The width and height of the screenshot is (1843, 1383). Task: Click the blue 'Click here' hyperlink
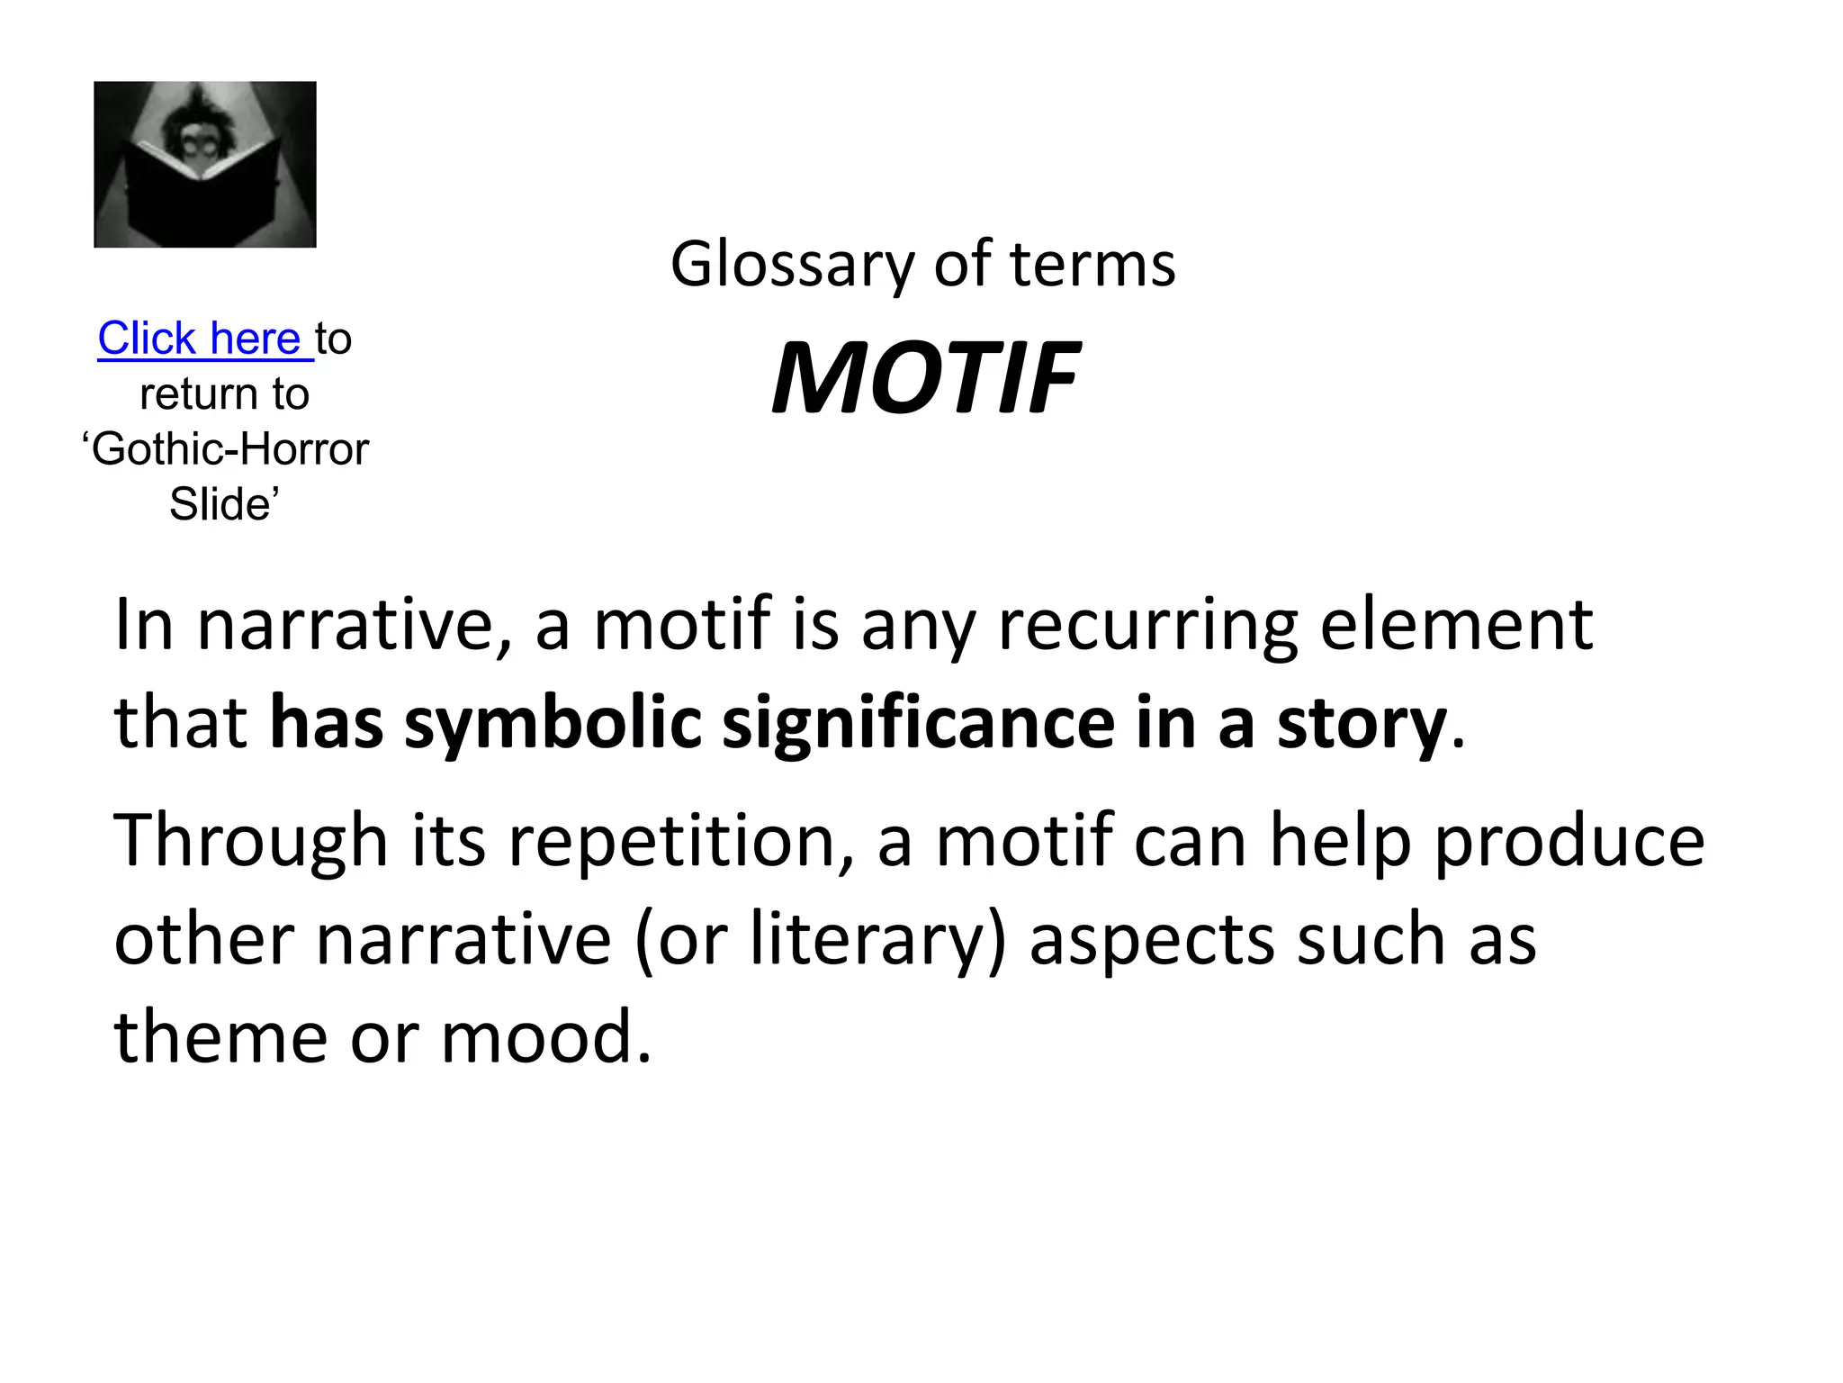199,339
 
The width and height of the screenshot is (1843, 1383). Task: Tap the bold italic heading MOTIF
924,378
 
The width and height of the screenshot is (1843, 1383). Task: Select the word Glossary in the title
793,266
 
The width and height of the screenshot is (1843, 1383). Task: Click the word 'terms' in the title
1092,266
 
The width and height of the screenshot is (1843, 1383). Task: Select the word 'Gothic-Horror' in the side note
230,449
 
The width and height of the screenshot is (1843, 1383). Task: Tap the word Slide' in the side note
224,504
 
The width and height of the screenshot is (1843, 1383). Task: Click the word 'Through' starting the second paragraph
251,842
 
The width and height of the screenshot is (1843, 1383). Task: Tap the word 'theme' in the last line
220,1037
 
